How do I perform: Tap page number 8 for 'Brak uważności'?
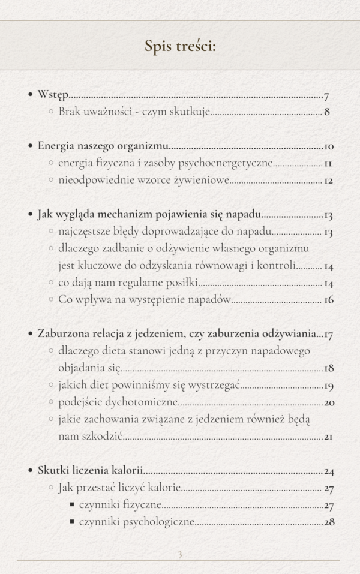pos(327,112)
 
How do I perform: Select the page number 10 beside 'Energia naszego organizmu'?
pos(328,146)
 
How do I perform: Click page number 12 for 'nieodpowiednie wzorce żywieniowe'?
pos(328,180)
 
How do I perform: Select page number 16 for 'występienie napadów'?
pos(328,300)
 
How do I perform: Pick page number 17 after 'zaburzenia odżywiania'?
pos(329,333)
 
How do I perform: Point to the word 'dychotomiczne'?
pos(146,402)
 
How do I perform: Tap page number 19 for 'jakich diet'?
pos(329,385)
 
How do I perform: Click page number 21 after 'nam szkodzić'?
pos(328,437)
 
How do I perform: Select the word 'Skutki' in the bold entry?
pos(53,471)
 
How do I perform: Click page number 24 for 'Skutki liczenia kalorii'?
pos(329,471)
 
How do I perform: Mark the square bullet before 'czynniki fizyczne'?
pos(72,505)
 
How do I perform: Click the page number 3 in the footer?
pos(179,554)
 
